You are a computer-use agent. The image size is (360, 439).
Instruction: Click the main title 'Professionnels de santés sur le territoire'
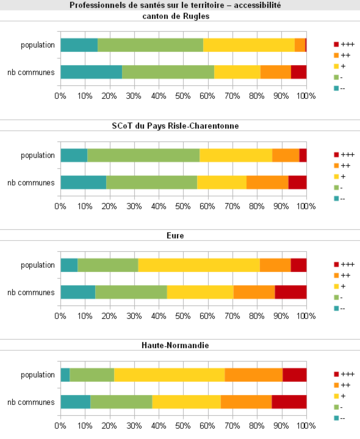click(x=180, y=5)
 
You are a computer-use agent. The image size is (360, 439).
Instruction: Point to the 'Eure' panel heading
click(x=180, y=233)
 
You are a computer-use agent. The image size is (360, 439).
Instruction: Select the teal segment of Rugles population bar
click(x=79, y=45)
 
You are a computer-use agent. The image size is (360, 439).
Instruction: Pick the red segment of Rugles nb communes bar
click(x=298, y=72)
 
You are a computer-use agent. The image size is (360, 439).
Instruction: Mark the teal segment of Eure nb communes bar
click(x=77, y=291)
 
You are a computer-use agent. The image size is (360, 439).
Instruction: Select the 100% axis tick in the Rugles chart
click(x=306, y=97)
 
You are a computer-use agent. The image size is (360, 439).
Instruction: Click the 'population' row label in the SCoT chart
click(x=39, y=155)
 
